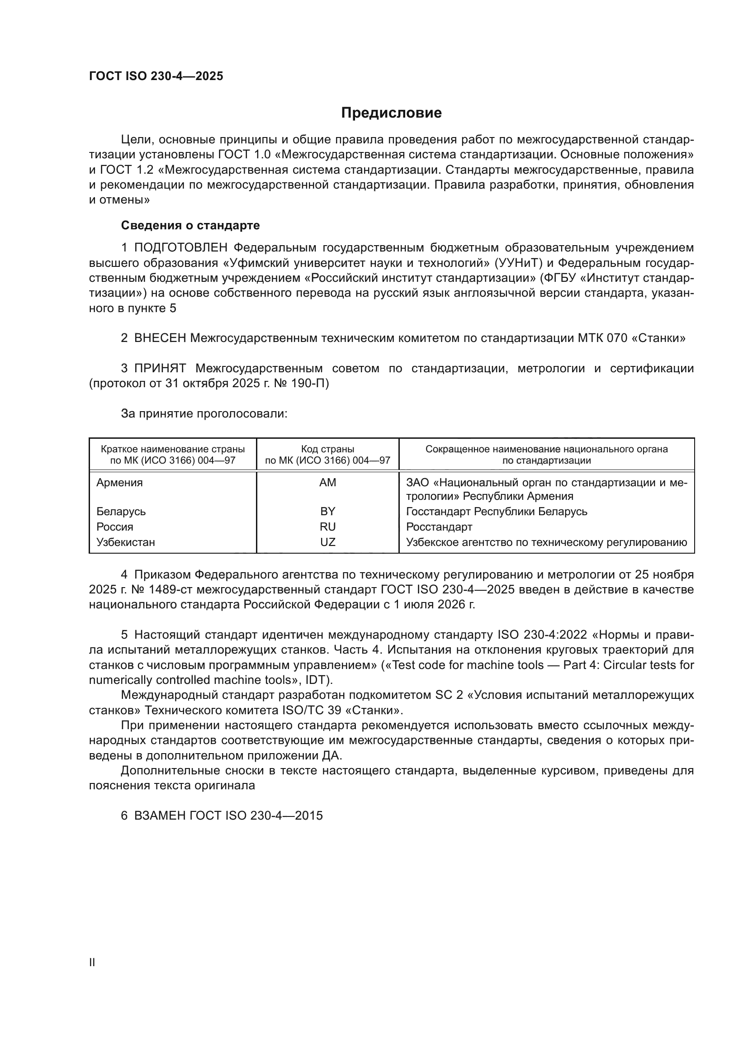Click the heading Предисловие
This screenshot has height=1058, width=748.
pos(391,113)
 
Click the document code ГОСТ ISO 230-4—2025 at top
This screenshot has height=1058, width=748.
pos(156,76)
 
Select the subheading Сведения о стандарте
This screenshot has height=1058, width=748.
pos(190,225)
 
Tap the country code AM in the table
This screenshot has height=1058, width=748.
pos(327,483)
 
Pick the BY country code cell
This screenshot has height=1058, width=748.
pos(327,512)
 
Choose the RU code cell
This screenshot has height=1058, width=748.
pos(327,527)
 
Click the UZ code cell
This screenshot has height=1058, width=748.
pos(327,542)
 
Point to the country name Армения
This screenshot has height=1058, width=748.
pos(119,483)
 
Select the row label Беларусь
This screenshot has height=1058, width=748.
pos(121,512)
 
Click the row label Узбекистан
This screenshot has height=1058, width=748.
pos(125,542)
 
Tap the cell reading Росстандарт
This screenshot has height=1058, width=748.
pos(439,527)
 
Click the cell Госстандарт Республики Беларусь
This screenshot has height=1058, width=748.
pos(497,512)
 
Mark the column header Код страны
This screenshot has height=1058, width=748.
pos(327,449)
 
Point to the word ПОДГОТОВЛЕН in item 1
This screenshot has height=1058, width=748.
pos(180,248)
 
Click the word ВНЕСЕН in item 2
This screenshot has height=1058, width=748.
pos(160,338)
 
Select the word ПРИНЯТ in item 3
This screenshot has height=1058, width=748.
pos(160,368)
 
